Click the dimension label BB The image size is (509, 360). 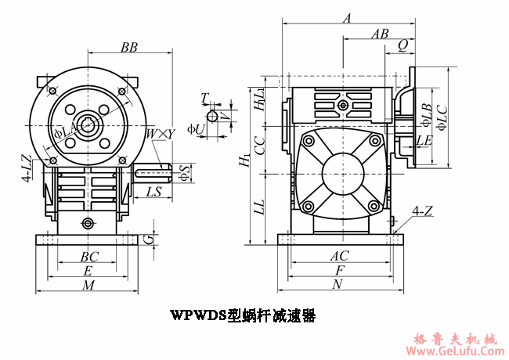[x=129, y=48]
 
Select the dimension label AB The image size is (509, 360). [x=381, y=34]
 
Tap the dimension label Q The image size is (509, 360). [x=402, y=46]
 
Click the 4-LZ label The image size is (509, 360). [x=27, y=168]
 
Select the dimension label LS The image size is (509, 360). [x=153, y=191]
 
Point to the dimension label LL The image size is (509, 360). [x=261, y=207]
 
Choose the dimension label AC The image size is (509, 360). [x=339, y=255]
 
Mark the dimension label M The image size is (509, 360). [x=88, y=286]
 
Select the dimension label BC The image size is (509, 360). [x=89, y=256]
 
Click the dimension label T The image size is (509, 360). [x=204, y=98]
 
